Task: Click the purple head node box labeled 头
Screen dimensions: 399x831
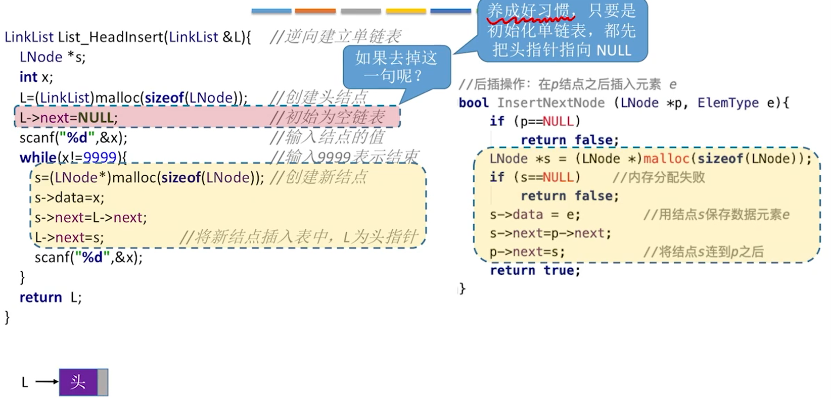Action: click(78, 382)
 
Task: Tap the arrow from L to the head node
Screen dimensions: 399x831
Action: click(47, 382)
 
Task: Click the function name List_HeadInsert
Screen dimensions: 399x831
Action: click(111, 37)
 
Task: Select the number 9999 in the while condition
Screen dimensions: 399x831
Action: click(100, 158)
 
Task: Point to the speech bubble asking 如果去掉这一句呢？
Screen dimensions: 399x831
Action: click(396, 67)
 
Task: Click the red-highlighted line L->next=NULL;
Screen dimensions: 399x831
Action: click(68, 118)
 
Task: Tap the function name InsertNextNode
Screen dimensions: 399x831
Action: click(550, 103)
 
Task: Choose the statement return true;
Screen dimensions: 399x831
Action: click(535, 271)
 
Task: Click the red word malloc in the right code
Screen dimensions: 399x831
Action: click(666, 159)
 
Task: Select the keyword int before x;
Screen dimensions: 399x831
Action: click(28, 77)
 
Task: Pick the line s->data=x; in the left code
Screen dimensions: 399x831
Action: click(69, 198)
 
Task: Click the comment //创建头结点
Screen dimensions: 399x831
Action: click(318, 97)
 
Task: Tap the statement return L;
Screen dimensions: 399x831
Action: click(51, 297)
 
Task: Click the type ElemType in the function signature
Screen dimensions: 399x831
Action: click(727, 103)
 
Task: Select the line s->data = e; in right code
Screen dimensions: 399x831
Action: click(535, 215)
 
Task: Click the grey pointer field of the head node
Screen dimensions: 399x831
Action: click(103, 382)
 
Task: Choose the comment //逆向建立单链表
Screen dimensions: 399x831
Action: click(335, 36)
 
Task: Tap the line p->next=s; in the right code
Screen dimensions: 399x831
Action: click(527, 252)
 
